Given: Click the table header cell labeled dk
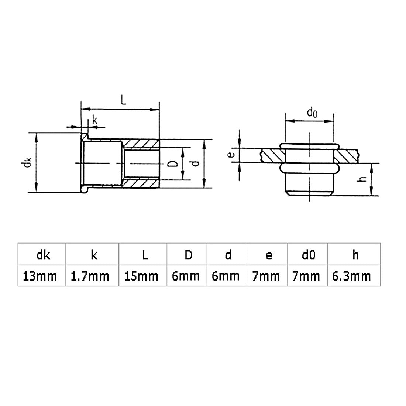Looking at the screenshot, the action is (42, 254).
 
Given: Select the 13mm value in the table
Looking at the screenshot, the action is (42, 275).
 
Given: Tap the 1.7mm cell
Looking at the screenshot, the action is (92, 275).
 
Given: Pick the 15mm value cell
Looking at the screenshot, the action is (143, 275).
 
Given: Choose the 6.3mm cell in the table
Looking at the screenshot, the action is (354, 275).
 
